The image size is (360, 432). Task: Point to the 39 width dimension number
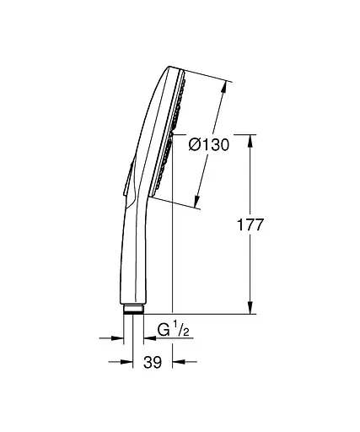(153, 363)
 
